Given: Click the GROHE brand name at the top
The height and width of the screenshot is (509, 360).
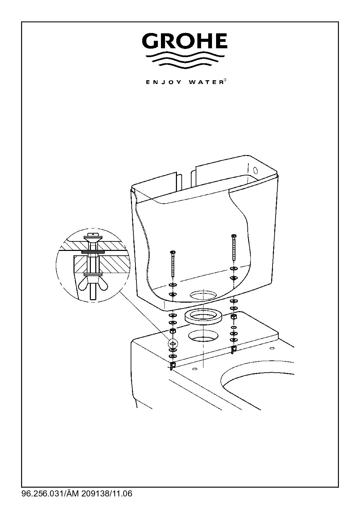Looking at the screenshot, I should [x=184, y=41].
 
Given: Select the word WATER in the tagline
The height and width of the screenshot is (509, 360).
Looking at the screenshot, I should [x=205, y=82].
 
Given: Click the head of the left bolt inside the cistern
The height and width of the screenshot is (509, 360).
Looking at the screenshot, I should [x=173, y=252].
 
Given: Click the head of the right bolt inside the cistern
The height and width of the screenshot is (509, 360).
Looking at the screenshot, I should [x=233, y=236].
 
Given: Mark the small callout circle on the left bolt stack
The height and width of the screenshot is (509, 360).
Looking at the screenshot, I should [x=172, y=342].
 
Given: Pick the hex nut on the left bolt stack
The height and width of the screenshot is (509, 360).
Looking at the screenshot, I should [x=172, y=331].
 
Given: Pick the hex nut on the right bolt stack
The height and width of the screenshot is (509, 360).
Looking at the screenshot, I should [x=233, y=317].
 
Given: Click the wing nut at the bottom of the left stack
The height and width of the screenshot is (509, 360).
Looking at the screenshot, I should [x=172, y=366].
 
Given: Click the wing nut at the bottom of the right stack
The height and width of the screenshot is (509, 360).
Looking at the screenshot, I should [x=233, y=348].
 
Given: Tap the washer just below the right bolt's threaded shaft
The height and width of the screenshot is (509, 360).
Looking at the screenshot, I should [x=233, y=268].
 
